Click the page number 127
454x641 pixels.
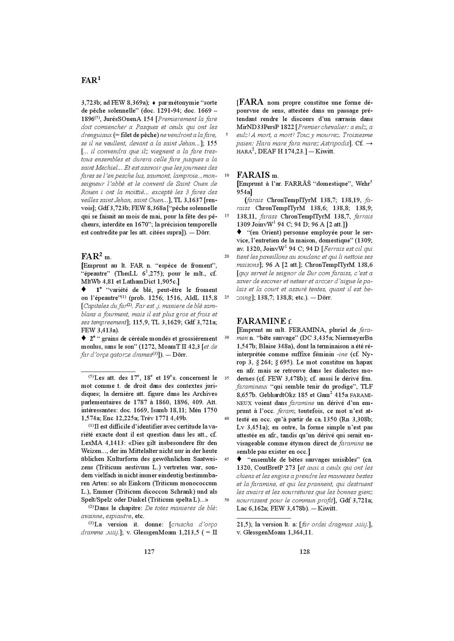point(149,552)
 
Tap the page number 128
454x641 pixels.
point(305,552)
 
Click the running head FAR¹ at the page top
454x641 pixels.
point(91,80)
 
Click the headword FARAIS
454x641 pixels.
point(253,175)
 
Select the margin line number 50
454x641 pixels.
point(227,500)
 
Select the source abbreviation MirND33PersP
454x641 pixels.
point(257,127)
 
